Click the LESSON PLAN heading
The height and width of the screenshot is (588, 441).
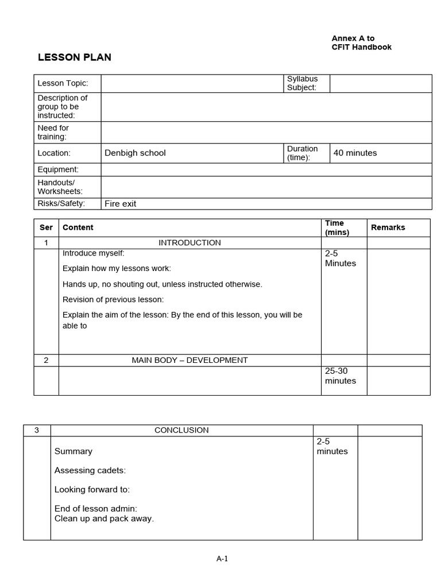pos(75,57)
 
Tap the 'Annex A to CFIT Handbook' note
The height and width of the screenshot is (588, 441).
pos(361,43)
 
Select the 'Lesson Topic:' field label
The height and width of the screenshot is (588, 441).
pos(63,83)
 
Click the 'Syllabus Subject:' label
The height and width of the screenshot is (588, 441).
pos(302,83)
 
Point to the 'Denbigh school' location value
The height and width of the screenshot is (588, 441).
pos(135,153)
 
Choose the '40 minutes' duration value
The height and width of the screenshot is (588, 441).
pos(355,153)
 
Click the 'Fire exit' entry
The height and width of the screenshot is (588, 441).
pos(120,204)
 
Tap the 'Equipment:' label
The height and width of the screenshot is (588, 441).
pos(58,169)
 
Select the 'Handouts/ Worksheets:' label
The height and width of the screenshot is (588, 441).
pos(60,187)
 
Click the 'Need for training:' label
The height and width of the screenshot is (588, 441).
pos(53,132)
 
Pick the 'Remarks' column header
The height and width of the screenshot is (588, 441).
pos(388,227)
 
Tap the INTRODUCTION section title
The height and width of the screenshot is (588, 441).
pos(189,243)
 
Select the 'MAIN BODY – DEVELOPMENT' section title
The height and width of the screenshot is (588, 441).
pos(189,360)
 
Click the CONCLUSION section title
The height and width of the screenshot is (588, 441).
pos(181,430)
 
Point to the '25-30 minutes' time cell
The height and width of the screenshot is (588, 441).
pos(341,376)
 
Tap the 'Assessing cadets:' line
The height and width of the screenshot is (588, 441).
pos(90,471)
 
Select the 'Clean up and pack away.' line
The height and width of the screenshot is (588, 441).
pos(104,519)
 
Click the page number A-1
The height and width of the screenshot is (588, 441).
pos(222,559)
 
